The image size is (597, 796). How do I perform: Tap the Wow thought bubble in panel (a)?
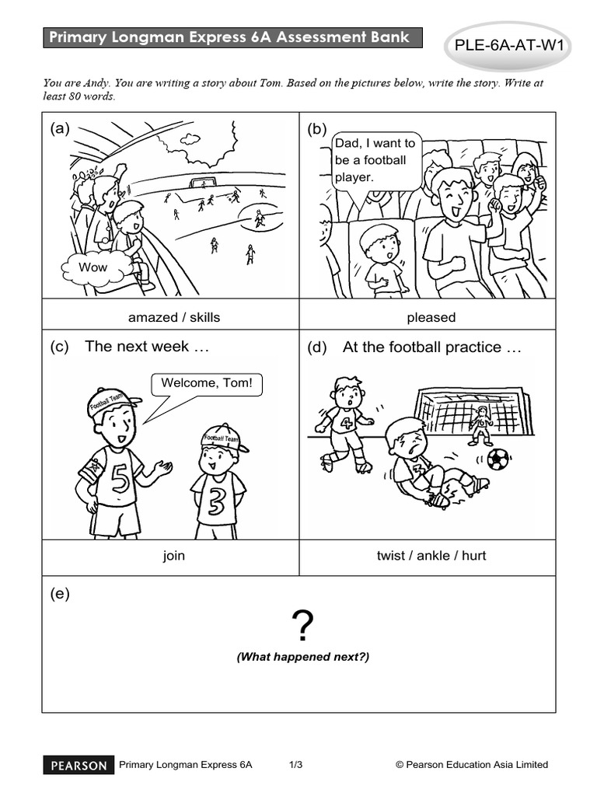tap(93, 267)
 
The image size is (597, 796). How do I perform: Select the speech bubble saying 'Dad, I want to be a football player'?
tap(376, 160)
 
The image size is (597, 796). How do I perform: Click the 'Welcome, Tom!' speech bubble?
tap(206, 384)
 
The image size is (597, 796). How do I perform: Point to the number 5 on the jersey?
tap(121, 478)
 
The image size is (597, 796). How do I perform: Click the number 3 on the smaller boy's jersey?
tap(218, 501)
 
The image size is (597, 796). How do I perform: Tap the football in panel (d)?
tap(498, 459)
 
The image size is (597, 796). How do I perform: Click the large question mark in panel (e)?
tap(302, 624)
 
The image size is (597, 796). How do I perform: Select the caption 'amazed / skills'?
tap(174, 317)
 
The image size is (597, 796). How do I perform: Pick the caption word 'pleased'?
tap(431, 317)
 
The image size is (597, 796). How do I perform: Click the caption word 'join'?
tap(173, 556)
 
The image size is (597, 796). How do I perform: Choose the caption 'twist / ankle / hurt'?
tap(431, 556)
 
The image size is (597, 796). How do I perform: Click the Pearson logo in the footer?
tap(79, 765)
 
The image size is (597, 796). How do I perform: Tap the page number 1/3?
tap(295, 765)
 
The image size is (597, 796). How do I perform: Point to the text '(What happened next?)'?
tap(303, 657)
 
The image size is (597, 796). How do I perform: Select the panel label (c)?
tap(60, 347)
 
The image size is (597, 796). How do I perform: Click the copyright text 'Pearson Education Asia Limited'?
tap(477, 765)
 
